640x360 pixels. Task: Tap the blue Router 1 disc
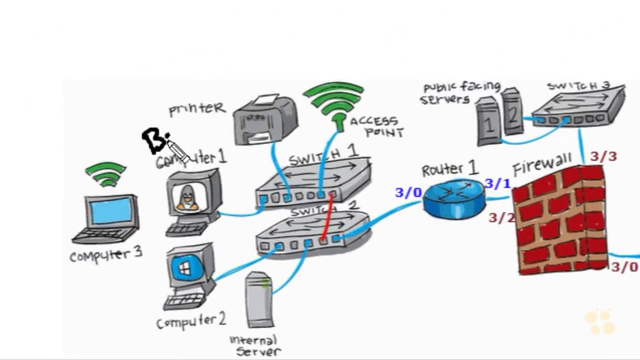(x=454, y=199)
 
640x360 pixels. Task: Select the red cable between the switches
(x=327, y=217)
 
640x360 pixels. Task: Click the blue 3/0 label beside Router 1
(x=408, y=192)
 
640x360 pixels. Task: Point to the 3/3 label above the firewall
(x=603, y=157)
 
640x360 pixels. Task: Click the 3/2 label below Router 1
(x=501, y=217)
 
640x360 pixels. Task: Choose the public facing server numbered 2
(x=512, y=113)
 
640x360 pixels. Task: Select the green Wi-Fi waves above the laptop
(x=105, y=173)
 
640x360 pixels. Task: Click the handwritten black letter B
(x=154, y=140)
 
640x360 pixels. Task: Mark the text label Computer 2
(x=191, y=320)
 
